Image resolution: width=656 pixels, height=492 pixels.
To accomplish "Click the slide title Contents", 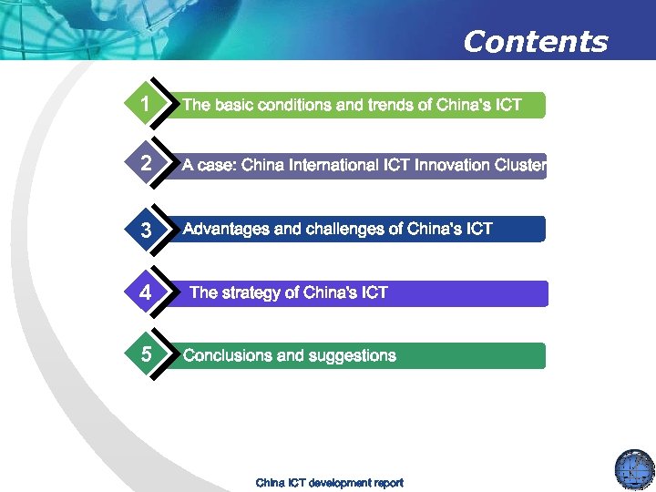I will pyautogui.click(x=535, y=42).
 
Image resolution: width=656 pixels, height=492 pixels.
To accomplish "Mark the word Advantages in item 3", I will pyautogui.click(x=226, y=229).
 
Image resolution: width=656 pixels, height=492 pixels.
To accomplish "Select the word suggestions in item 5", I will pyautogui.click(x=350, y=355).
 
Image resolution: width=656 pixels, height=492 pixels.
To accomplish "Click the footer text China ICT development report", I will pyautogui.click(x=329, y=482).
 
